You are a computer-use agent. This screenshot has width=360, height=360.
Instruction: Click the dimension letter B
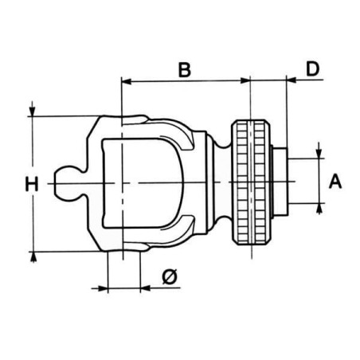click(185, 70)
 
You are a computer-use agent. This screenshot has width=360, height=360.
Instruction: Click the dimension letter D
click(312, 69)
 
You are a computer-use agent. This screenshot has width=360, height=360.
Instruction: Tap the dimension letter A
click(335, 182)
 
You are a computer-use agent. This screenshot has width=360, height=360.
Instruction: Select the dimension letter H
click(32, 184)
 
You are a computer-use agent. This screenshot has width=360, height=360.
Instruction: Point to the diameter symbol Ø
click(170, 277)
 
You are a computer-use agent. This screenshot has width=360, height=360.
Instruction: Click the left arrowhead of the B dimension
click(126, 81)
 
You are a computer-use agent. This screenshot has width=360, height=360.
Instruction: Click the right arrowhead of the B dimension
click(245, 80)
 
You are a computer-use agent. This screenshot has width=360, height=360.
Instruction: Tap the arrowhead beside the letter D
click(292, 80)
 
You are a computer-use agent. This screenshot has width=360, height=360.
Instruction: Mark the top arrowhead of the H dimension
click(32, 112)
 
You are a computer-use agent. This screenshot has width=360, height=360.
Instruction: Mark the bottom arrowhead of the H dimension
click(33, 256)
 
